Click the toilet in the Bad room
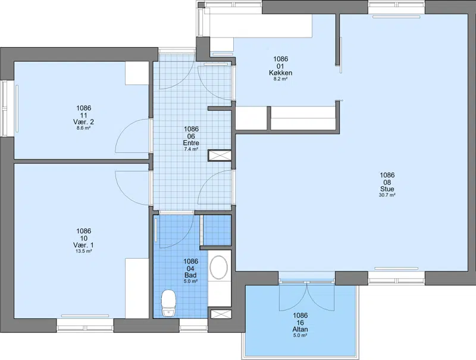pos(169,303)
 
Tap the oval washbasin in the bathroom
pos(218,267)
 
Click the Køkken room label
pos(280,73)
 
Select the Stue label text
pos(387,189)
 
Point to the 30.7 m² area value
pos(387,195)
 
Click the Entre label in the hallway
pos(191,143)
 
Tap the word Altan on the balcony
pos(300,329)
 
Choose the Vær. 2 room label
pos(83,122)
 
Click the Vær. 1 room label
pos(83,245)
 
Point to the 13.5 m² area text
pos(83,251)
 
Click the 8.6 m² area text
pos(83,128)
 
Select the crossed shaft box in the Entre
pos(220,155)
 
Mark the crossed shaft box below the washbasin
pos(221,314)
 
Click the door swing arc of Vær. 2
pos(124,127)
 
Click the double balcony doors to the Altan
pos(307,296)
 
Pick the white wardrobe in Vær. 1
pos(137,289)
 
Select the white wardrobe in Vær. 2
pos(137,73)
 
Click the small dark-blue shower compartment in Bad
pos(217,230)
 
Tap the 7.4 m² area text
pos(191,149)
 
